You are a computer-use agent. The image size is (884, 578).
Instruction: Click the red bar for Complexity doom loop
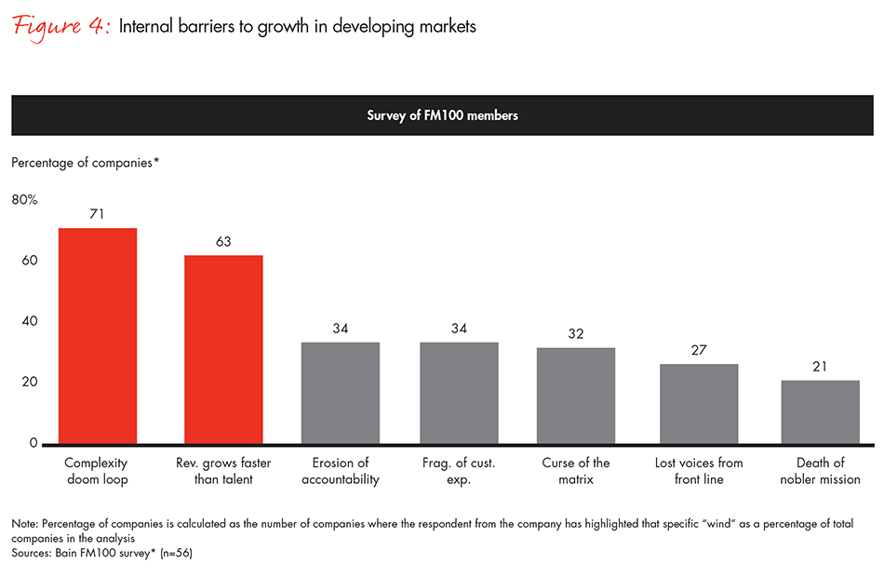click(x=98, y=335)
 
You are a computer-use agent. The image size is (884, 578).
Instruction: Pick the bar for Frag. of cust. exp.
click(x=459, y=393)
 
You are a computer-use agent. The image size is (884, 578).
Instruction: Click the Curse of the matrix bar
click(x=576, y=396)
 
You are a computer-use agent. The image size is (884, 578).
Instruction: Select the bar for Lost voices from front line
click(x=699, y=403)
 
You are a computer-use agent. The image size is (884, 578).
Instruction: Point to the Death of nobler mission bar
click(x=820, y=411)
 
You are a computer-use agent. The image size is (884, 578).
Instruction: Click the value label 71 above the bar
click(x=98, y=214)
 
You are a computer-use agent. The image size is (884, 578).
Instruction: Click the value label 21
click(x=820, y=366)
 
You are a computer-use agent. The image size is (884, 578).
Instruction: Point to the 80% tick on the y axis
click(x=24, y=199)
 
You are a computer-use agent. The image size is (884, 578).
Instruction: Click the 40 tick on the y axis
click(x=30, y=321)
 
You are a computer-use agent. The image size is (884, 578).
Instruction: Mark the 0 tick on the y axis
click(x=33, y=443)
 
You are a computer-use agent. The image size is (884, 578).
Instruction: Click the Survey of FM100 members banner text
click(x=442, y=115)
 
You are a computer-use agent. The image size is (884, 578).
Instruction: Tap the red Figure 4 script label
click(x=60, y=26)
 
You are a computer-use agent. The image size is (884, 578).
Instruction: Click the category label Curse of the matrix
click(x=576, y=471)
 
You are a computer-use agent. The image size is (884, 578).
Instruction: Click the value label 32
click(x=576, y=332)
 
